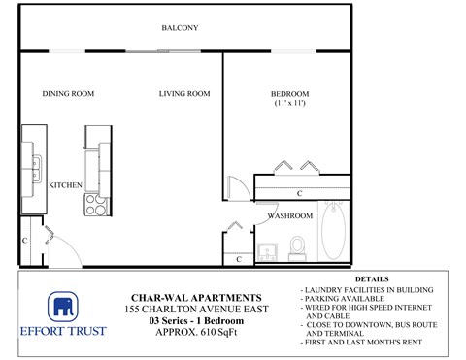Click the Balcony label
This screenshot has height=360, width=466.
point(181,27)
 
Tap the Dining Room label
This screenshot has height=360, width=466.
point(67,94)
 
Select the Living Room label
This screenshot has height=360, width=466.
point(184,94)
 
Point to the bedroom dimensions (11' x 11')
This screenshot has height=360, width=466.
point(289,104)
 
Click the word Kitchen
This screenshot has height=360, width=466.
point(64,183)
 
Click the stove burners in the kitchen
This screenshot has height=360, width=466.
point(97,204)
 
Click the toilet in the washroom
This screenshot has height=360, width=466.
point(299,246)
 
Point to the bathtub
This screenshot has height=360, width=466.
point(333,233)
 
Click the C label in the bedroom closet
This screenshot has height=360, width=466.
point(300,193)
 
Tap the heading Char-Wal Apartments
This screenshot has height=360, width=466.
point(195,298)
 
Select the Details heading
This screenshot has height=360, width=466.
point(372,279)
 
